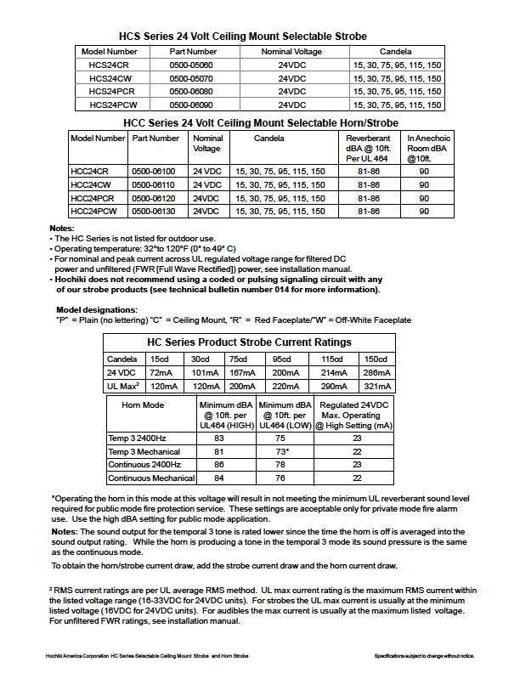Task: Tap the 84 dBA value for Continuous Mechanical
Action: click(218, 478)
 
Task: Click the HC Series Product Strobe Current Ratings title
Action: click(249, 342)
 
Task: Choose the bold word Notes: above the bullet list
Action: click(62, 229)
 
